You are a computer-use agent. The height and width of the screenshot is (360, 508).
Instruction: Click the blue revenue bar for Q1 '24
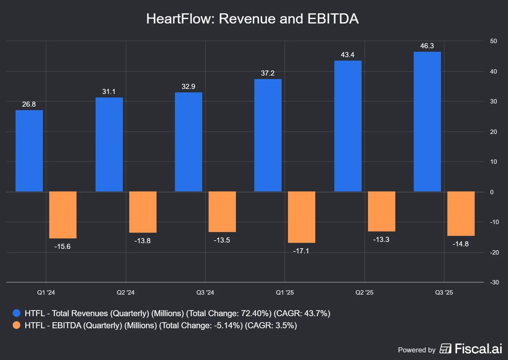tap(29, 151)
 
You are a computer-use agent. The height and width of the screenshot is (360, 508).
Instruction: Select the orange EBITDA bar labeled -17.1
tap(301, 217)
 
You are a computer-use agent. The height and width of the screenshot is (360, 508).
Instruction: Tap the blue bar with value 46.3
tap(427, 122)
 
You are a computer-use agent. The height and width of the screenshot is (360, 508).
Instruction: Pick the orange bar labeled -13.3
tap(381, 211)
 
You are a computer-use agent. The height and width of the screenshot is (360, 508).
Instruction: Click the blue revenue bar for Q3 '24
tap(188, 142)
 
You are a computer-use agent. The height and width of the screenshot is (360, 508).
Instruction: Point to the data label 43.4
tap(347, 55)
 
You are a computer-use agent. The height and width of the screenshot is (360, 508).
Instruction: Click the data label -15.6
tap(62, 247)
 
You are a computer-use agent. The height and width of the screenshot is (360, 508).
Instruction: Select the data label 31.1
tap(109, 92)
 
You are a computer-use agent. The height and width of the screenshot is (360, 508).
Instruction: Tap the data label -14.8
tap(460, 244)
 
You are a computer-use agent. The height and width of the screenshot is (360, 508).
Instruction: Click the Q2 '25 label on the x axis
tap(364, 292)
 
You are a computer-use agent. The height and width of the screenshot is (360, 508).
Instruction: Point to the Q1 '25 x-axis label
tap(284, 292)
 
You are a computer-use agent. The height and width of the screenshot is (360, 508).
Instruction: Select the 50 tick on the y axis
tap(493, 41)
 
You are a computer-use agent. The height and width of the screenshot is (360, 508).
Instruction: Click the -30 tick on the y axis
tap(494, 282)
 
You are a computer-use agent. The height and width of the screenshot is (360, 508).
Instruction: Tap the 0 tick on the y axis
tap(492, 192)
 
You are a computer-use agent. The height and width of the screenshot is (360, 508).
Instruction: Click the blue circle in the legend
tap(17, 313)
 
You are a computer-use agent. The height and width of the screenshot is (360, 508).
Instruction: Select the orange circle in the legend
tap(17, 325)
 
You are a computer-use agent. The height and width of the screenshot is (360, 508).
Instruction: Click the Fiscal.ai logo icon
tap(445, 349)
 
